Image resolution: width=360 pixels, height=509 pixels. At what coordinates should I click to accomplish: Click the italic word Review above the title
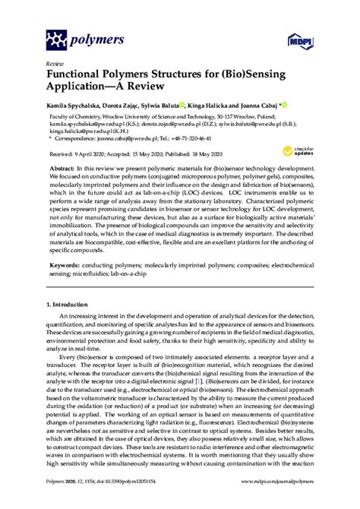coord(55,64)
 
